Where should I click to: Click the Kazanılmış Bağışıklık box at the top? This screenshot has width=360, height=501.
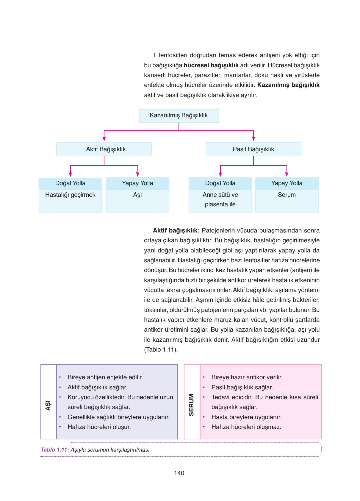pyautogui.click(x=179, y=116)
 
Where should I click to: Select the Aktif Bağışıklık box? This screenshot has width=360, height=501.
pyautogui.click(x=104, y=149)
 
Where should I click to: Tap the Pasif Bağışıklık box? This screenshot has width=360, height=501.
pyautogui.click(x=253, y=149)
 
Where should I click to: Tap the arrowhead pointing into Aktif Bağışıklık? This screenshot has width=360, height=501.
pyautogui.click(x=104, y=139)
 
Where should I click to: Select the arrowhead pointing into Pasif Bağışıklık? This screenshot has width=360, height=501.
pyautogui.click(x=253, y=139)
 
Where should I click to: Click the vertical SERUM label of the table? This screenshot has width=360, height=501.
pyautogui.click(x=192, y=405)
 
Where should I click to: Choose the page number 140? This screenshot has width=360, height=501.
pyautogui.click(x=179, y=473)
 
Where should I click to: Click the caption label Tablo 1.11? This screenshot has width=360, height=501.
pyautogui.click(x=55, y=450)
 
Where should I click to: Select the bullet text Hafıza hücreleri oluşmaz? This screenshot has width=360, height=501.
pyautogui.click(x=246, y=427)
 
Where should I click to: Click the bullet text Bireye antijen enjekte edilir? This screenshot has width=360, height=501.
pyautogui.click(x=105, y=377)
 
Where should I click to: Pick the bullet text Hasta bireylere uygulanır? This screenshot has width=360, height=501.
pyautogui.click(x=246, y=417)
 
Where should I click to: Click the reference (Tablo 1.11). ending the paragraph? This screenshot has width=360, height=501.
pyautogui.click(x=161, y=349)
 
